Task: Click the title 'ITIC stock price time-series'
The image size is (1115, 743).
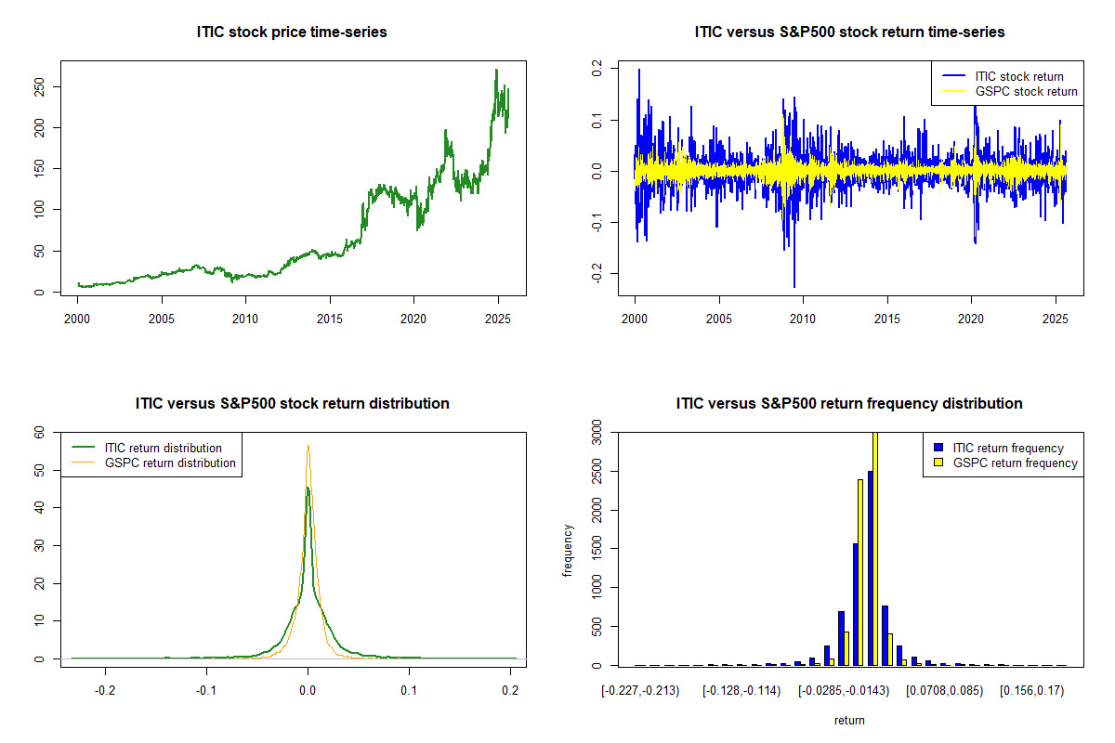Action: [292, 32]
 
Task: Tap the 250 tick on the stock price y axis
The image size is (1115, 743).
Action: [40, 86]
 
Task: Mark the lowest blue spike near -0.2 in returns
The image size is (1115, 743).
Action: [794, 285]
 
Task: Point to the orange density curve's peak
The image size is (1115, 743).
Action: [308, 446]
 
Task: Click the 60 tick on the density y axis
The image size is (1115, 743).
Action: [39, 432]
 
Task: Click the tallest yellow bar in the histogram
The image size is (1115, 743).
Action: [875, 548]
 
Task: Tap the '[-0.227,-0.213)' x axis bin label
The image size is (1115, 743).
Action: [639, 691]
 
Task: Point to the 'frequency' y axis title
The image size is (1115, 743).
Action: [568, 549]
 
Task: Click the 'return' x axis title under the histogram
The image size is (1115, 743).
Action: [849, 720]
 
